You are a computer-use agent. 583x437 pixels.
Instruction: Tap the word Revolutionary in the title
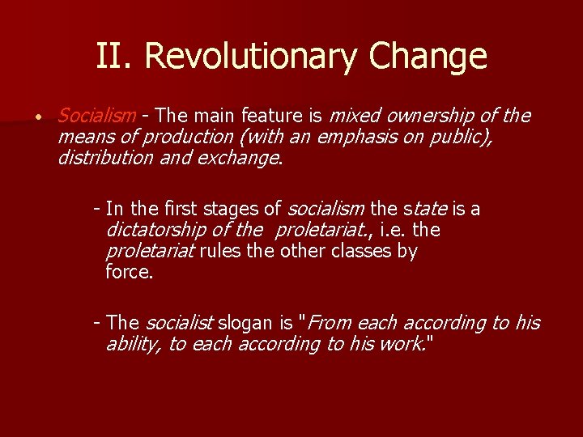[250, 57]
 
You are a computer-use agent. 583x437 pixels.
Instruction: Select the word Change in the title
[428, 57]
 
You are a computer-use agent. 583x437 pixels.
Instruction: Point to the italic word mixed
[354, 116]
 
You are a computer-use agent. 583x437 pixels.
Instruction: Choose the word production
[183, 137]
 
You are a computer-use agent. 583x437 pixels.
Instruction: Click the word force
[129, 272]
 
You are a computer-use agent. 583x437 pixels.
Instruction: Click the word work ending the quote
[407, 344]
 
